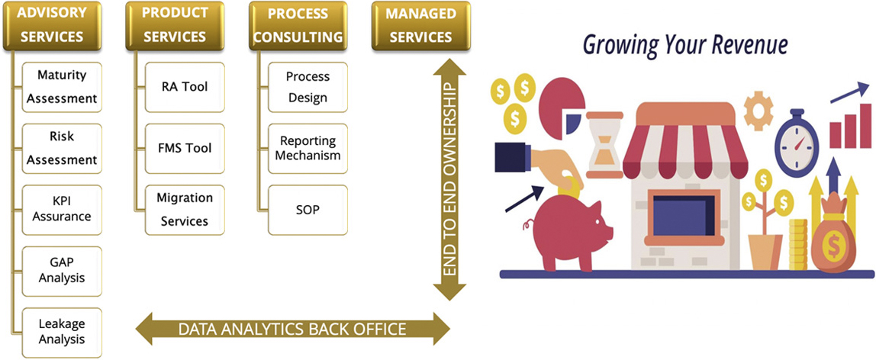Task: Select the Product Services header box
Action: point(175,26)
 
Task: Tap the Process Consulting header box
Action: point(298,26)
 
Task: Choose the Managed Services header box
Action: point(420,26)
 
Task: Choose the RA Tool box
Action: point(184,87)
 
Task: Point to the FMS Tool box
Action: point(184,148)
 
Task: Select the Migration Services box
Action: point(184,209)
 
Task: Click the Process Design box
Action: point(307,87)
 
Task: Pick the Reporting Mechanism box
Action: point(307,148)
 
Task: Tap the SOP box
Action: point(307,209)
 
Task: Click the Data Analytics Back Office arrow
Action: point(292,329)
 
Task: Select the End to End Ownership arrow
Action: point(449,181)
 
